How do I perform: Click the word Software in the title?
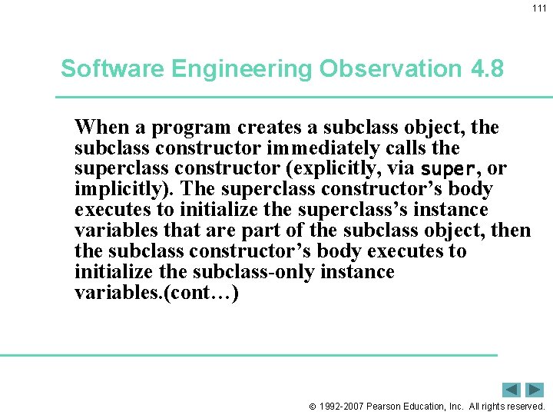pyautogui.click(x=113, y=69)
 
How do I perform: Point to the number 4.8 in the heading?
pyautogui.click(x=485, y=69)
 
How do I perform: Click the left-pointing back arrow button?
pyautogui.click(x=512, y=390)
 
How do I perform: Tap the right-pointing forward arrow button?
pyautogui.click(x=535, y=390)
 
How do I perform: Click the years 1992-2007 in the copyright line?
pyautogui.click(x=341, y=406)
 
